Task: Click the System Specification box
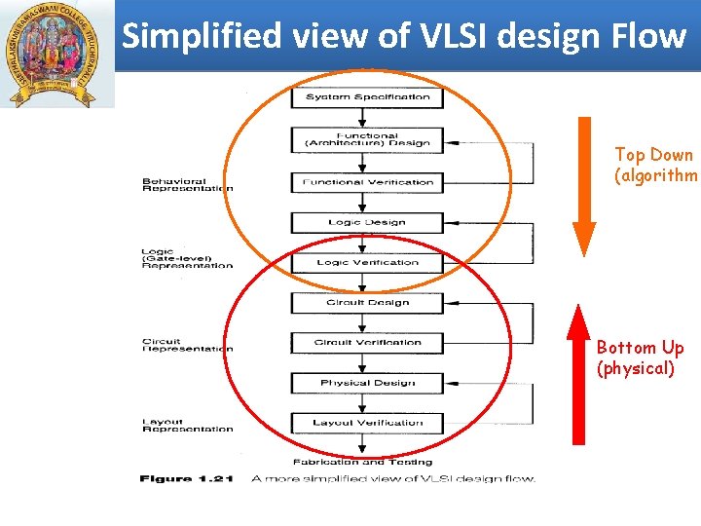point(367,97)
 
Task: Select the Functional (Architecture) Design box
point(367,139)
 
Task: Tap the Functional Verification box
point(367,182)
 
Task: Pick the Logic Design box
point(367,222)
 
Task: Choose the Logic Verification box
point(367,262)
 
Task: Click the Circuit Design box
point(367,302)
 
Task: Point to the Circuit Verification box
point(367,343)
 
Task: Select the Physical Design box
point(367,383)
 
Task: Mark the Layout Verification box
point(367,423)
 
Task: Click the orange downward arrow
point(583,184)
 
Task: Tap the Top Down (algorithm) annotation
point(654,165)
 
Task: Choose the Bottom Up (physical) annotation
point(640,357)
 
